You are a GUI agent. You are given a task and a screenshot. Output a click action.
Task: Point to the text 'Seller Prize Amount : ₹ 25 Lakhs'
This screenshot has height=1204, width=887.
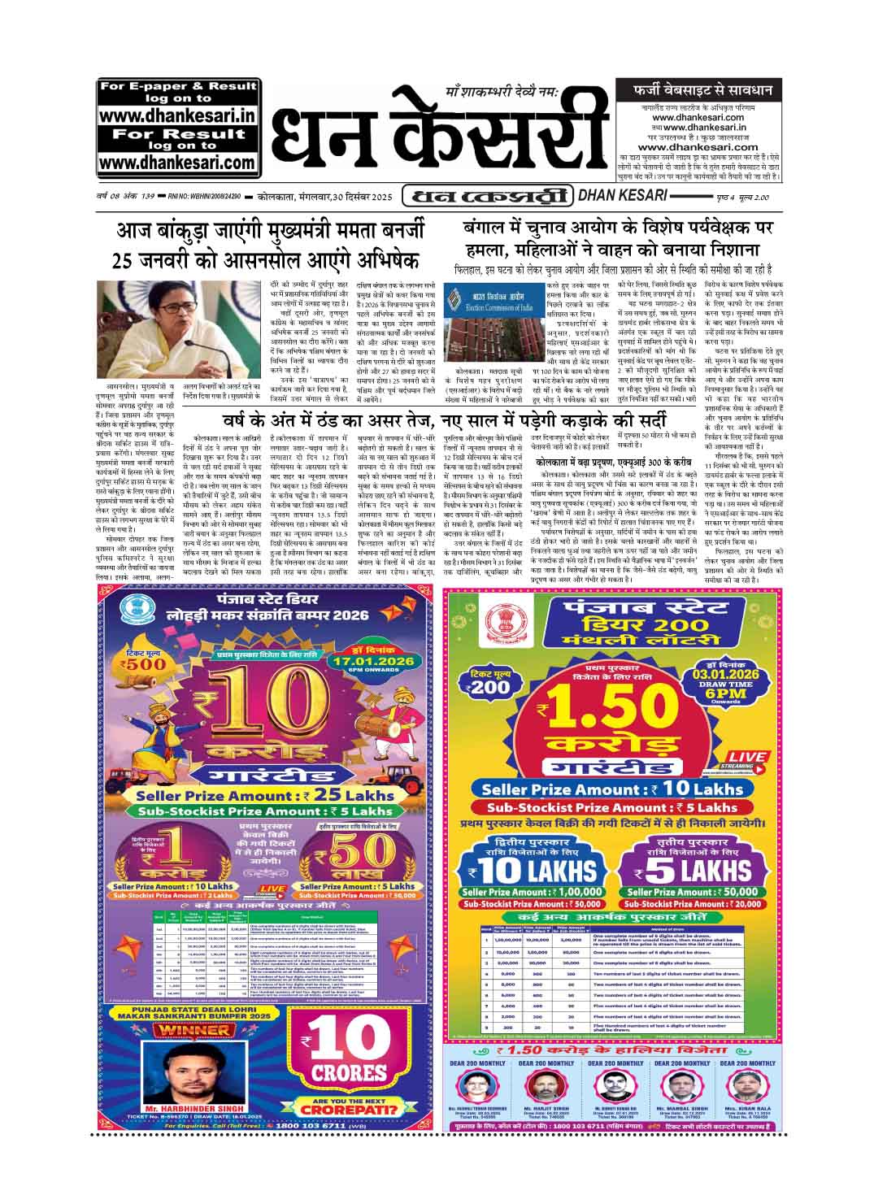coord(264,796)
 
